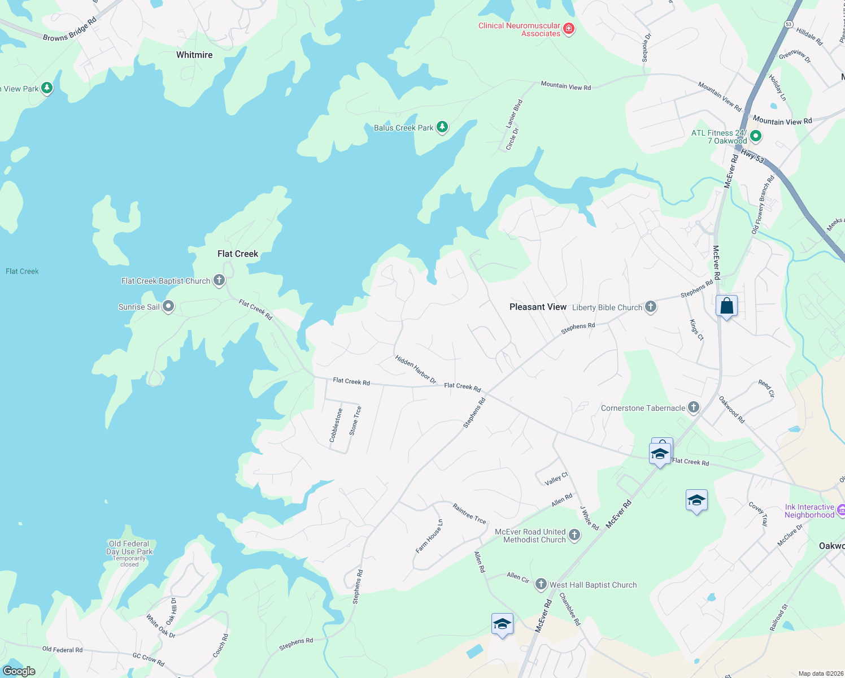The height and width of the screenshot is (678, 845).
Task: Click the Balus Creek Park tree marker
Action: pos(442,127)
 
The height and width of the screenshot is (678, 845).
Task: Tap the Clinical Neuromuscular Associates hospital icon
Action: pos(569,29)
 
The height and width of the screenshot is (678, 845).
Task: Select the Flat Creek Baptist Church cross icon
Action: pos(219,280)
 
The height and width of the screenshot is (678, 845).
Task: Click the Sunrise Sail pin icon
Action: pos(168,306)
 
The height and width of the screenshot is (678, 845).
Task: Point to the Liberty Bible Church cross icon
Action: pos(651,307)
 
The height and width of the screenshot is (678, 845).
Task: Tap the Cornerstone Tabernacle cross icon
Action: pos(694,407)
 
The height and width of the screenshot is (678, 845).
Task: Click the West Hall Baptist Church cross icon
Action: pos(541,584)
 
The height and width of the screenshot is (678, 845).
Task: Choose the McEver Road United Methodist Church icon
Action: pos(574,535)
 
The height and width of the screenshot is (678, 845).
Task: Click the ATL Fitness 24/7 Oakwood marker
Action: pos(756,136)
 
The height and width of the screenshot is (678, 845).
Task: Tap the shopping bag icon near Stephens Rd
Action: pos(726,306)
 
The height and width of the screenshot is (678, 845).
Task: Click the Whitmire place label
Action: pos(194,55)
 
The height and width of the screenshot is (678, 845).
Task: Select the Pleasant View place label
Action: pos(538,307)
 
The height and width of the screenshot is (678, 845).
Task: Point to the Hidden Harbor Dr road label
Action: pos(416,370)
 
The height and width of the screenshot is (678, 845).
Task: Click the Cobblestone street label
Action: pos(336,425)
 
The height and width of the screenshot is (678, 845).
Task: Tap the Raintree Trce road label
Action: pos(469,514)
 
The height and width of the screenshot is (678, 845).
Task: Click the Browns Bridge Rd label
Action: pos(70,29)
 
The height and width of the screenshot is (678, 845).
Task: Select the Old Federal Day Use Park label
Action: pos(129,547)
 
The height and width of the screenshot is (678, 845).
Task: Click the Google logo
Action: pos(19,671)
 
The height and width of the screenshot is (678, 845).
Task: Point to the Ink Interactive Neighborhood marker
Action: pos(840,510)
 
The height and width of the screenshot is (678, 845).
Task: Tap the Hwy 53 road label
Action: pos(752,156)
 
